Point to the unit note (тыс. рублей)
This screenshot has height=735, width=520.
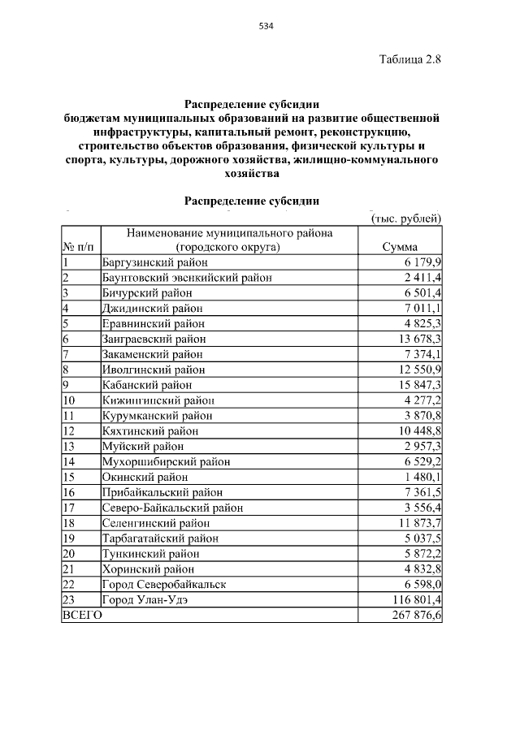click(405, 218)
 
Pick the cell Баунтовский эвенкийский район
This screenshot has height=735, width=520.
click(187, 277)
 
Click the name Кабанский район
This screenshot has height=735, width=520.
click(147, 385)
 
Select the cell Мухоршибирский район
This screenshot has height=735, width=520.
click(166, 461)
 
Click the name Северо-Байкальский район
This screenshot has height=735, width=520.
click(172, 508)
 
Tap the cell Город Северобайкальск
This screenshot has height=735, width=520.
click(163, 585)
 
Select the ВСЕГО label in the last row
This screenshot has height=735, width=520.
click(82, 616)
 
